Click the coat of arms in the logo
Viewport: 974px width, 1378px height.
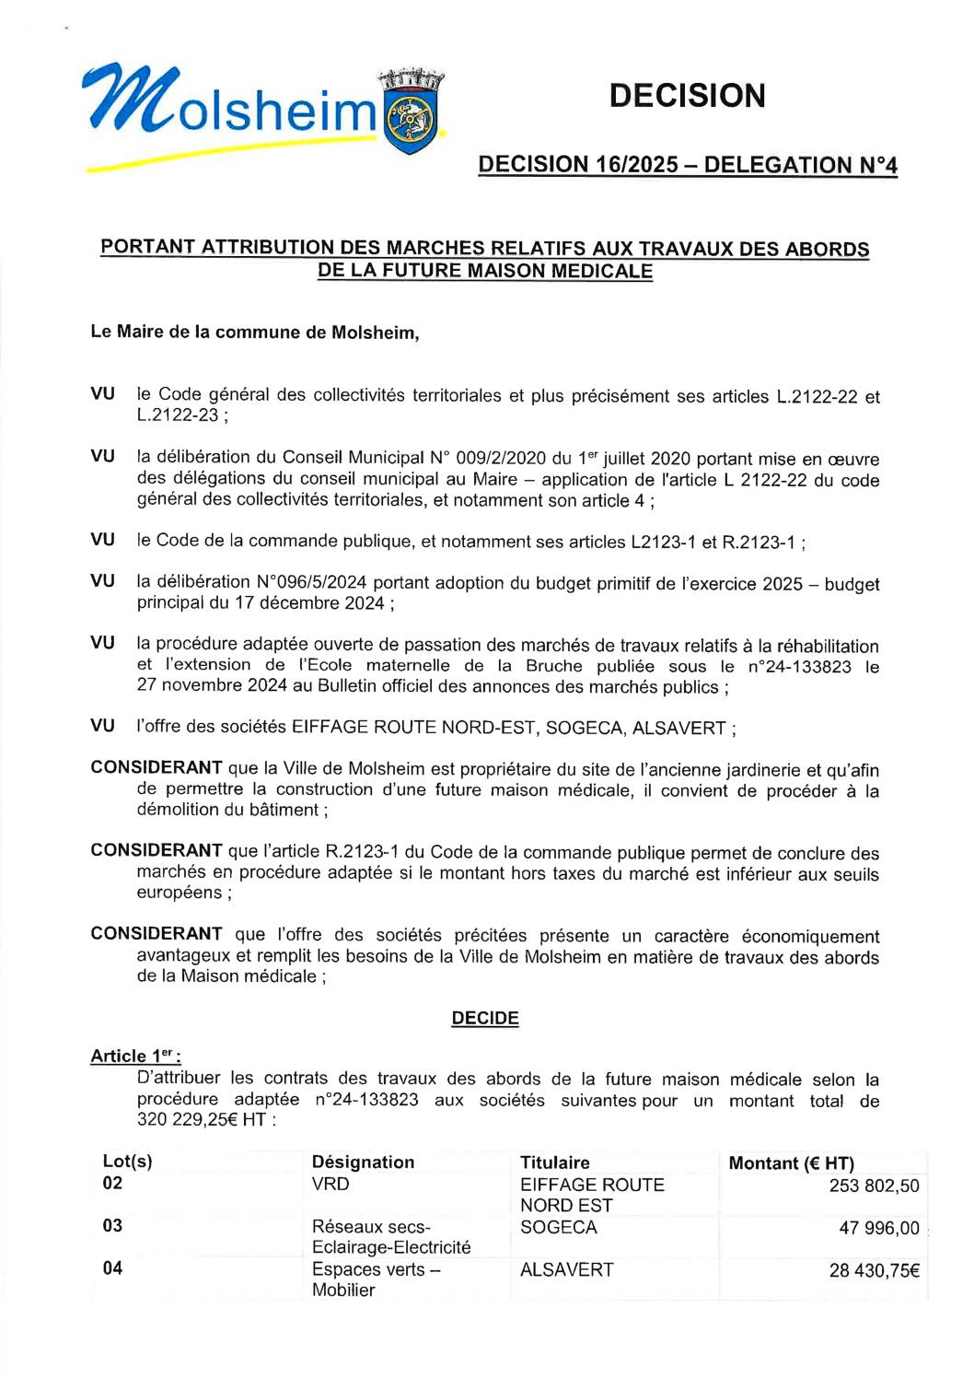[412, 115]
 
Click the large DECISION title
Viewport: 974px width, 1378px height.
[687, 96]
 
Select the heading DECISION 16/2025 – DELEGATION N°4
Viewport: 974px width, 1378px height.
[687, 165]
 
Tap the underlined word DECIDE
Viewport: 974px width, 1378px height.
[485, 1018]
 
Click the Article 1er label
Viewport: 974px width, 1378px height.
[135, 1056]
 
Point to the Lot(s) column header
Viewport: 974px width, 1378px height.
[128, 1162]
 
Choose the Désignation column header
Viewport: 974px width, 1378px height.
[363, 1162]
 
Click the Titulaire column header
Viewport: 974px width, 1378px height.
[554, 1162]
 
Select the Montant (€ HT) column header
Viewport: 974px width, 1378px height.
[791, 1162]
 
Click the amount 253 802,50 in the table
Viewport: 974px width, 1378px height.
[874, 1185]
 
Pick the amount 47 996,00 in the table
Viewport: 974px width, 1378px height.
[878, 1228]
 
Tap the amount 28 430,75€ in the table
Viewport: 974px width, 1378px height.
[874, 1270]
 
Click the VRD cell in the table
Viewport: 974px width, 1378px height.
[330, 1184]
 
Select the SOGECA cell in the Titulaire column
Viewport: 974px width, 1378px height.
[558, 1227]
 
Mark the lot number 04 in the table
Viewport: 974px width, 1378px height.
[112, 1268]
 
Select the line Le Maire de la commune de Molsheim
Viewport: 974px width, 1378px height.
[255, 332]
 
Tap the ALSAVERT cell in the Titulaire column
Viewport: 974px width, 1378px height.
[566, 1269]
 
